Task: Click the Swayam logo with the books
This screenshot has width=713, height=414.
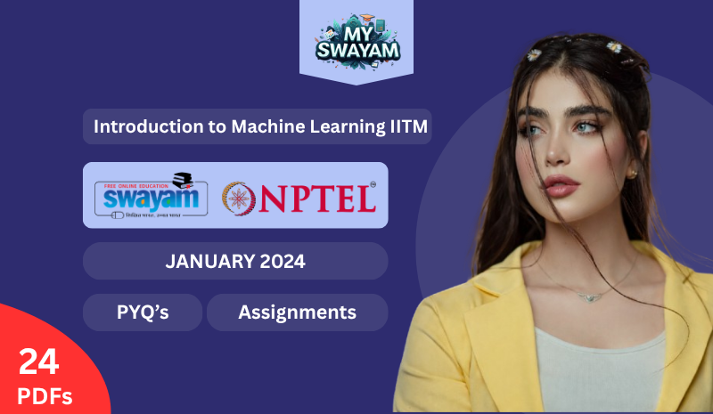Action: [152, 195]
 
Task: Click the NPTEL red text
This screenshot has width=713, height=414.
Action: [316, 198]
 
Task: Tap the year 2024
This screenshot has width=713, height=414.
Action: [283, 262]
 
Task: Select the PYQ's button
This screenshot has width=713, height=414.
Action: [143, 313]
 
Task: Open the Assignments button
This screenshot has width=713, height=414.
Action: [297, 313]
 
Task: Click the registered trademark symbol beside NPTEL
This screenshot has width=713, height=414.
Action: [373, 185]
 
